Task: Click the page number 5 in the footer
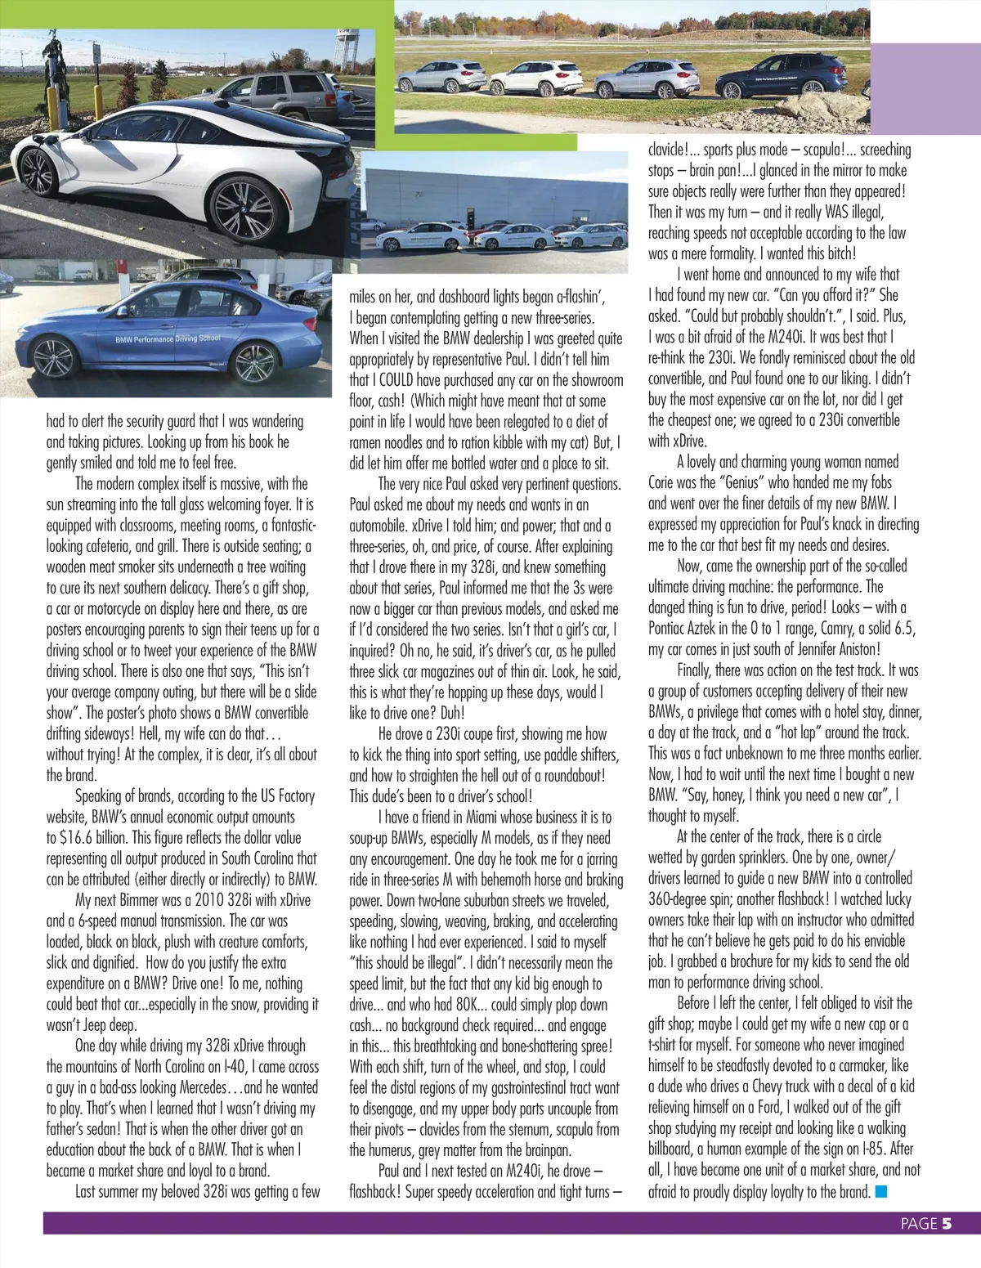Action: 947,1223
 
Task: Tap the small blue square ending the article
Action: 881,1191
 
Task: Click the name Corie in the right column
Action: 664,482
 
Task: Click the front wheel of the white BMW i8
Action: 37,171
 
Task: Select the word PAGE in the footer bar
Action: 919,1224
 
